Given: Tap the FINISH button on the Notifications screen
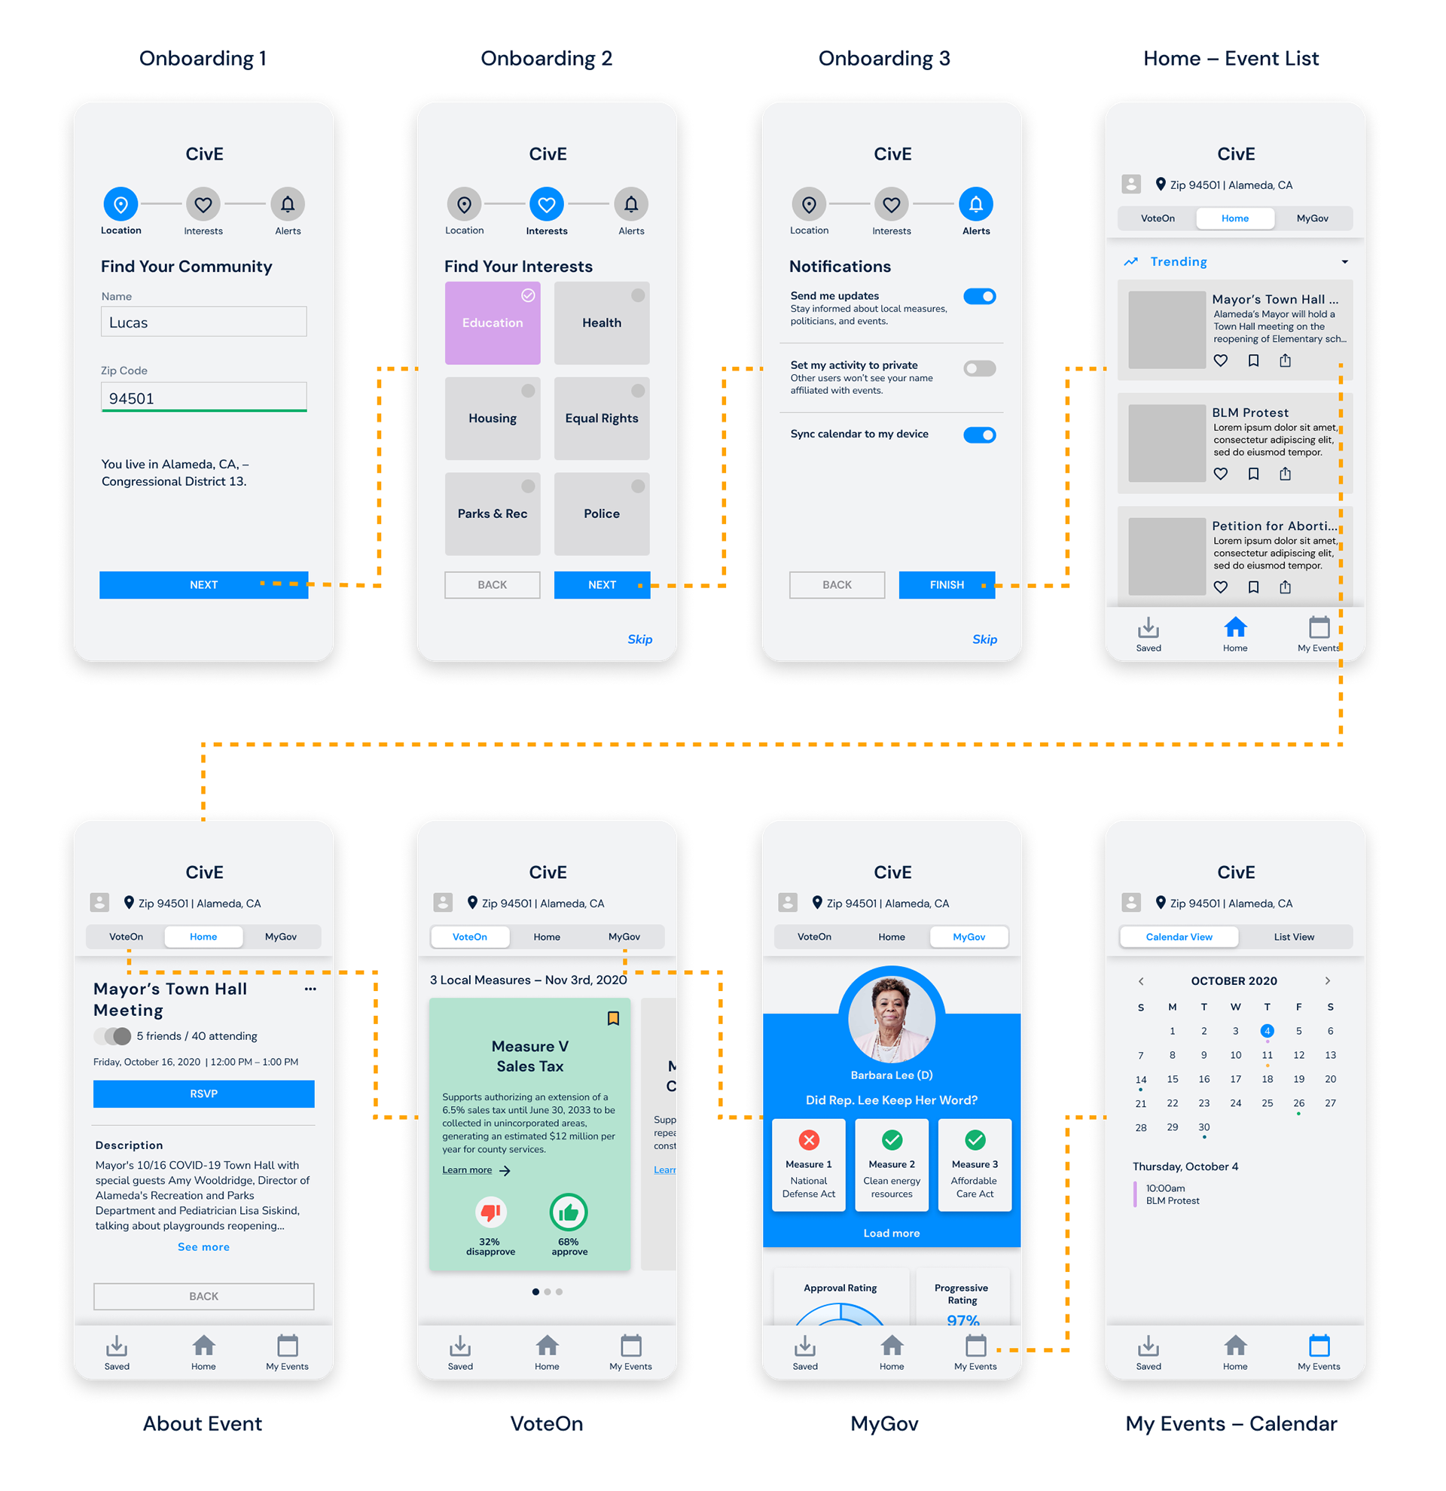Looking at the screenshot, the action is pyautogui.click(x=946, y=585).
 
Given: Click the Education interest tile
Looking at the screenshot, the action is pyautogui.click(x=492, y=323).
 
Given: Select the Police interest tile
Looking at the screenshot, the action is pyautogui.click(x=602, y=514).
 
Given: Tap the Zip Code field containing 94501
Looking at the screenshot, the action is pyautogui.click(x=204, y=398).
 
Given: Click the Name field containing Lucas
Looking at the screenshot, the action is pyautogui.click(x=204, y=322).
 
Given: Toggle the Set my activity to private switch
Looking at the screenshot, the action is pyautogui.click(x=979, y=369).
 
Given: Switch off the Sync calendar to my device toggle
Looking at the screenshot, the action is pyautogui.click(x=979, y=435).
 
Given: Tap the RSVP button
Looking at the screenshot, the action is pyautogui.click(x=204, y=1094).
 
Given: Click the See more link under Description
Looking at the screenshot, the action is pyautogui.click(x=204, y=1247).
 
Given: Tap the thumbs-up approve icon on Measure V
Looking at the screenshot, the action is pyautogui.click(x=568, y=1212).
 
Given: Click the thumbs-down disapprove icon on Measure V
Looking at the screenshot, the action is pyautogui.click(x=490, y=1211).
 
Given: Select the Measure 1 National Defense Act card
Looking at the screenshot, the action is pyautogui.click(x=809, y=1165).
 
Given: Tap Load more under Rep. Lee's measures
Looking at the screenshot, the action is pyautogui.click(x=892, y=1233).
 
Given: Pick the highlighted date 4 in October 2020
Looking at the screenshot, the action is pyautogui.click(x=1268, y=1031).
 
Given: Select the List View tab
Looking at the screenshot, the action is pyautogui.click(x=1294, y=938).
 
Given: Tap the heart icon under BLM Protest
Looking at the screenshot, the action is pyautogui.click(x=1221, y=474).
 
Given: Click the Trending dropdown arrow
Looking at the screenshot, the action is pyautogui.click(x=1345, y=262).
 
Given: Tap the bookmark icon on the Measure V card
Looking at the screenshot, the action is pyautogui.click(x=613, y=1019).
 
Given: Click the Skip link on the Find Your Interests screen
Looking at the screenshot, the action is pyautogui.click(x=639, y=639).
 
